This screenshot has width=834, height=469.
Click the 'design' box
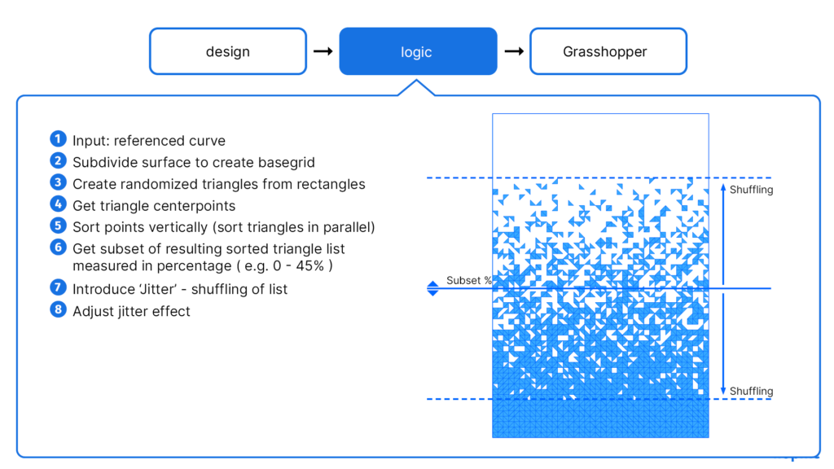(x=227, y=51)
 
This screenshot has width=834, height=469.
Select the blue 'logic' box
(x=417, y=51)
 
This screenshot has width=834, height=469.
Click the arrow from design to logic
(x=323, y=51)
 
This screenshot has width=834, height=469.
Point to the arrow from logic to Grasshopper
(x=513, y=51)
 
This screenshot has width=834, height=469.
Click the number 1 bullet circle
(x=57, y=139)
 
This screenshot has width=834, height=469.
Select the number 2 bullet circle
(x=57, y=161)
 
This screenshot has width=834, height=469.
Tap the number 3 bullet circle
(x=57, y=183)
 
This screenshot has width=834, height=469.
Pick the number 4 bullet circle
(x=57, y=204)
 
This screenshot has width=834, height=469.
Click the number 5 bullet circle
(x=57, y=226)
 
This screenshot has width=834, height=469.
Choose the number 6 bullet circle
(x=57, y=248)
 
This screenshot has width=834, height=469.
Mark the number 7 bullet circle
(x=57, y=288)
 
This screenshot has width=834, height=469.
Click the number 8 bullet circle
(x=57, y=310)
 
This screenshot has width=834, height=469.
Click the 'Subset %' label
(x=469, y=281)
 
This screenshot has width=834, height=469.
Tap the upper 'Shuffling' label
(x=751, y=190)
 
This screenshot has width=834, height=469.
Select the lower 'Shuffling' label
(x=751, y=392)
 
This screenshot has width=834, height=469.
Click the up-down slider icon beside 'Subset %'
(x=432, y=287)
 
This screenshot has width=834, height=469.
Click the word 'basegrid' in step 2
(x=287, y=162)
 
